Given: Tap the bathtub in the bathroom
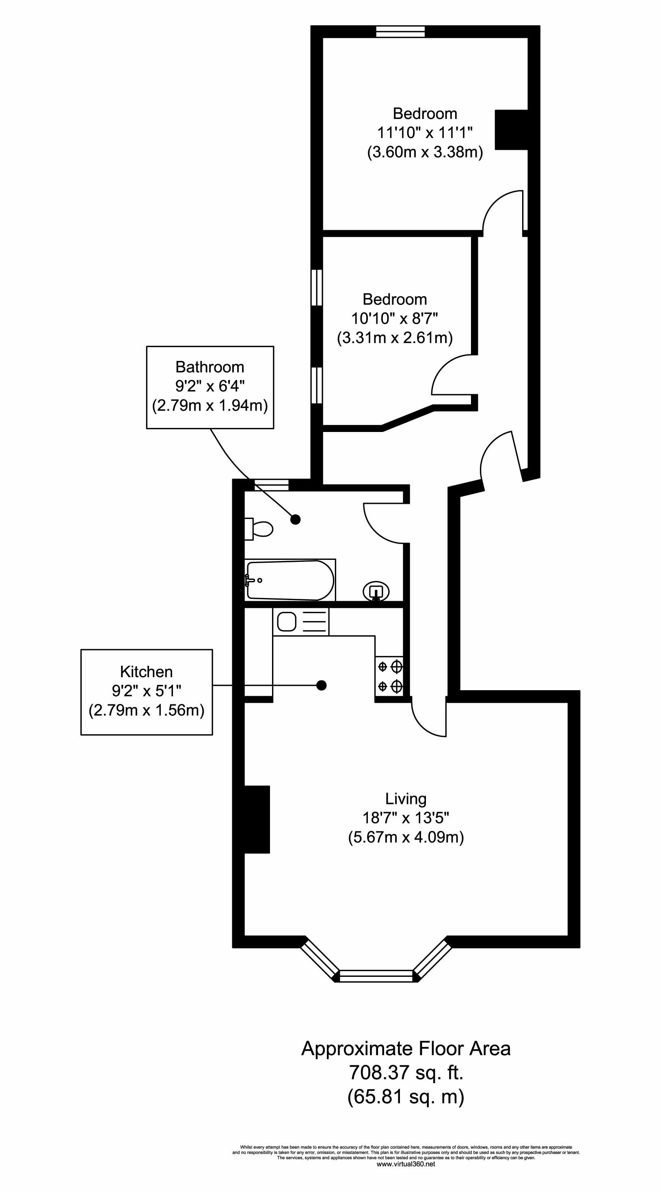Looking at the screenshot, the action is [x=290, y=580].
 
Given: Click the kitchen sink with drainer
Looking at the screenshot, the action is [x=301, y=622].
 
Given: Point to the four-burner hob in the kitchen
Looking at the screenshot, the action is [x=389, y=676].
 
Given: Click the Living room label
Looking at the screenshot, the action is [x=406, y=799].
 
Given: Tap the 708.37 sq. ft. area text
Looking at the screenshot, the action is [x=406, y=1072].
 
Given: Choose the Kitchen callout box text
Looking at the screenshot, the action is [x=146, y=691].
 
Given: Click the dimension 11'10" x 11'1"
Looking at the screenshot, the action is [x=425, y=133].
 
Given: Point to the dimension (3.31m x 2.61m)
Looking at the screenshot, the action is [x=395, y=338].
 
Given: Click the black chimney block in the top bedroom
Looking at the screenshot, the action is [x=512, y=130].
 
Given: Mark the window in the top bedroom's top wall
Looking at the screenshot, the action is [x=400, y=32].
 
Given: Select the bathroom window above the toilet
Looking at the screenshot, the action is [x=271, y=485].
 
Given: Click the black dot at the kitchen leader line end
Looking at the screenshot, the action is [x=321, y=685].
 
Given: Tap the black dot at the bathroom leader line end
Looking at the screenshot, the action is [x=295, y=519].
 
